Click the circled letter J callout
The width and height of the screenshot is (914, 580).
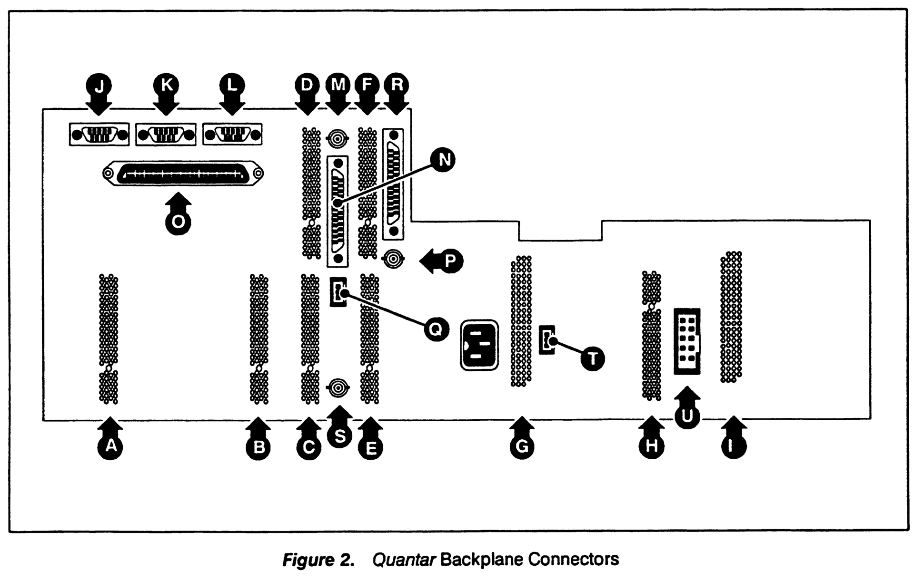99,86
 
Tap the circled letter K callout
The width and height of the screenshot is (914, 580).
166,86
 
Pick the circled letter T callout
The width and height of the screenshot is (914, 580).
593,358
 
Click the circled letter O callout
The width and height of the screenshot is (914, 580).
178,222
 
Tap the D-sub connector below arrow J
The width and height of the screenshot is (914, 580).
99,135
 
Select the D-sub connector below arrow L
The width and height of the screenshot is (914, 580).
232,135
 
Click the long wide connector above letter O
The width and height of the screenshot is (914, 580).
183,174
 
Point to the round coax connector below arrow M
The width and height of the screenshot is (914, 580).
338,139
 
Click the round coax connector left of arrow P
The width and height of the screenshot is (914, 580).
394,260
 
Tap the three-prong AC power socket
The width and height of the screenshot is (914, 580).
479,345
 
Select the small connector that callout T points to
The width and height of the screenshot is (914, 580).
547,340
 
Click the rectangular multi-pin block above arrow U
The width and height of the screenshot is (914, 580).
687,341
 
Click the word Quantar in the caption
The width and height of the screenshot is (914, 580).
404,560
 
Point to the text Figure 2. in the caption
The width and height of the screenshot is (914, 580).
318,560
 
